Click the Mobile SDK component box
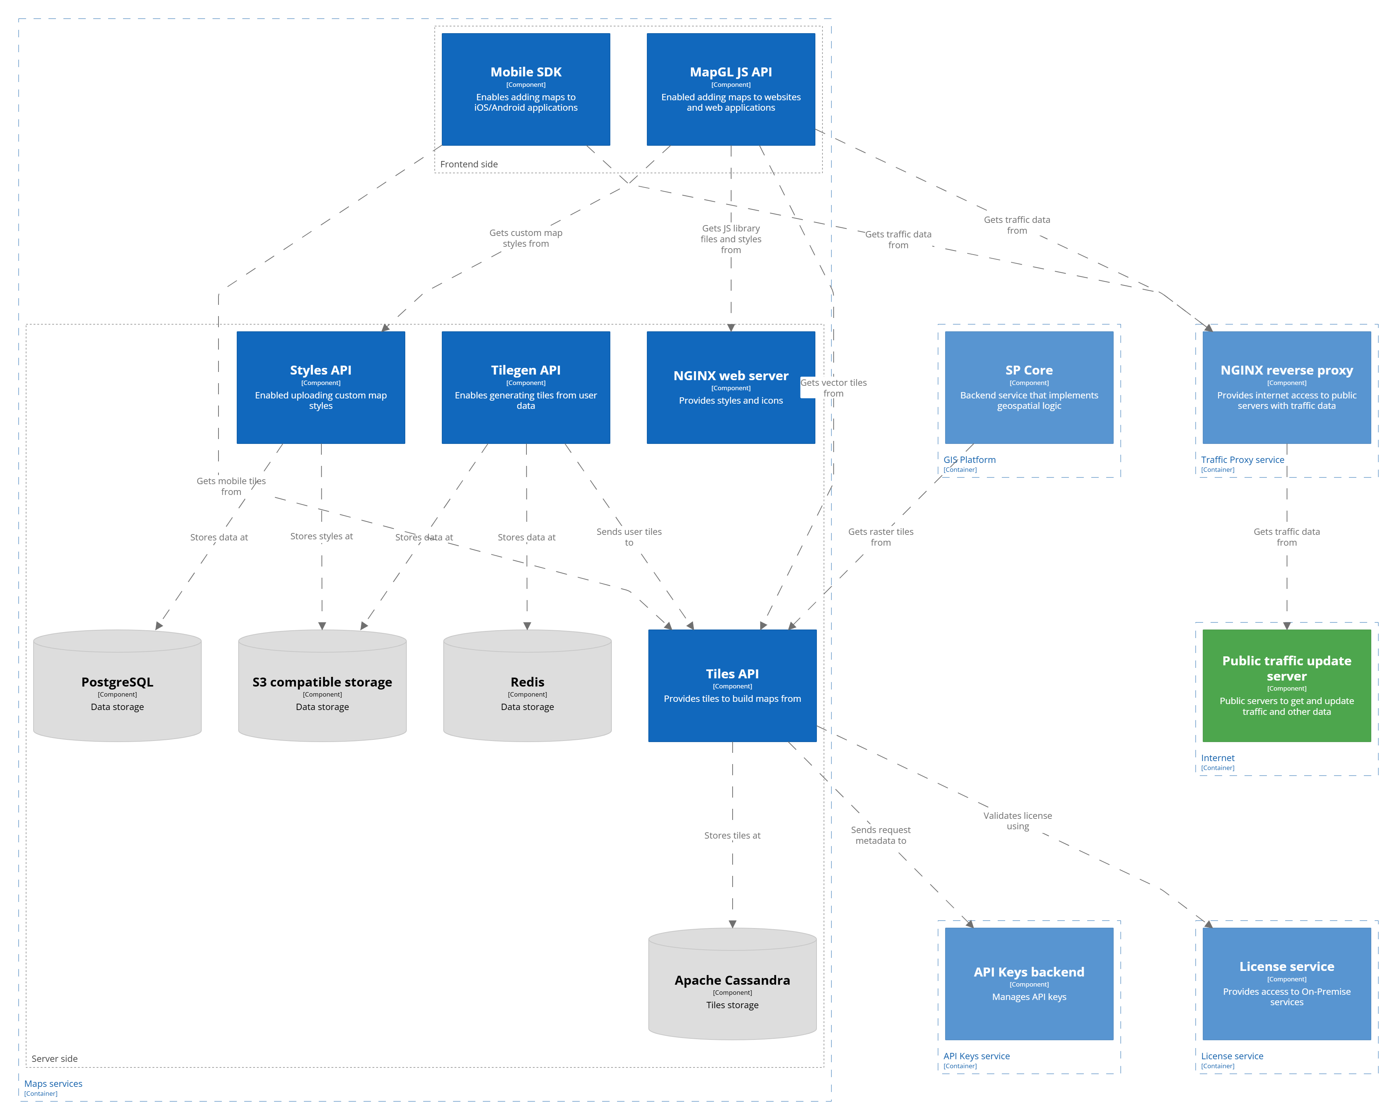pos(525,89)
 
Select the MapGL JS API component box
pos(730,89)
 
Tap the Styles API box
pos(321,387)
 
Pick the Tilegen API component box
pos(525,387)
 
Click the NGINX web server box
pos(730,387)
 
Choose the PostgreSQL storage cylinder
pos(117,690)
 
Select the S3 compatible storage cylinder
pos(322,690)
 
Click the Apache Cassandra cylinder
pos(732,988)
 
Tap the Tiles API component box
pos(732,685)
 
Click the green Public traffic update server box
pos(1286,685)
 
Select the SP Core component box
pos(1029,387)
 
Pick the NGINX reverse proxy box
pos(1286,387)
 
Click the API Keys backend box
pos(1029,983)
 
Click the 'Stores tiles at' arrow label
pos(732,836)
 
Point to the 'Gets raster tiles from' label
pos(881,537)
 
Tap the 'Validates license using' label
pos(1017,821)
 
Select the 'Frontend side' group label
pos(469,164)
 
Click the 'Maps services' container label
pos(53,1084)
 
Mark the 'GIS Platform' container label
pos(969,460)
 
